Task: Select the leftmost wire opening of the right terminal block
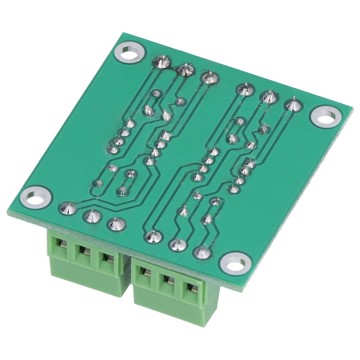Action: [145, 273]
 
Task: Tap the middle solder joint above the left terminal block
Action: [91, 216]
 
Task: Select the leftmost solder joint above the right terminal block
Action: [152, 236]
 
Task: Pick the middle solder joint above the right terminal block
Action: [177, 244]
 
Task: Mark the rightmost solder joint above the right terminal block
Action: [201, 252]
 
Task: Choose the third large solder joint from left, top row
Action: [208, 77]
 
